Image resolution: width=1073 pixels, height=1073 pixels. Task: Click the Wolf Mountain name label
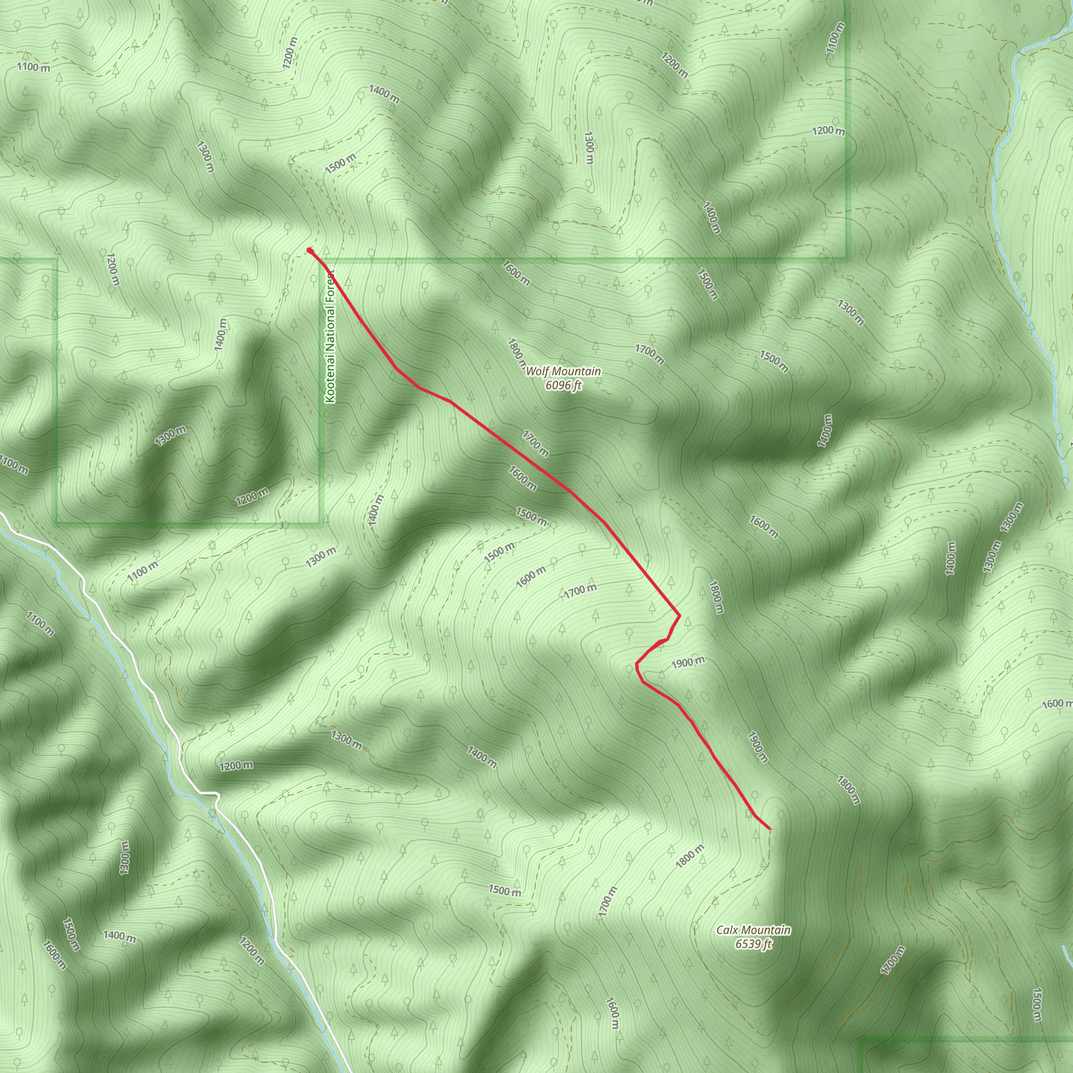click(x=563, y=371)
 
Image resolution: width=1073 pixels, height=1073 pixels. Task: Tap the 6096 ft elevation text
click(x=563, y=385)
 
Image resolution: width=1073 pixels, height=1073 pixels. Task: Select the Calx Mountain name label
click(x=753, y=930)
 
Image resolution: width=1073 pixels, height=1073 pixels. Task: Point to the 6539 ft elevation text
click(x=753, y=944)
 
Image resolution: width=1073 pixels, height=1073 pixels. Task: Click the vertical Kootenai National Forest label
click(x=331, y=336)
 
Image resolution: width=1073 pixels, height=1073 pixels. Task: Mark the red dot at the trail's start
click(x=309, y=250)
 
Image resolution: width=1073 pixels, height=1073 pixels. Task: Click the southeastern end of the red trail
click(x=769, y=829)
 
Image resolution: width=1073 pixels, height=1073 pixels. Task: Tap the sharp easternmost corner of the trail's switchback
click(x=680, y=616)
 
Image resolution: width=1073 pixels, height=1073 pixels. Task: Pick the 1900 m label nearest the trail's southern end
click(x=758, y=747)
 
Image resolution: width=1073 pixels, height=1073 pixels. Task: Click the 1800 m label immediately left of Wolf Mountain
click(x=516, y=354)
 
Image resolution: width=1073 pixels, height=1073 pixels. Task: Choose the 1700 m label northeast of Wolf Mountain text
click(x=649, y=354)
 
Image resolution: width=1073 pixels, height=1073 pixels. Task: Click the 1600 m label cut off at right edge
click(x=1057, y=704)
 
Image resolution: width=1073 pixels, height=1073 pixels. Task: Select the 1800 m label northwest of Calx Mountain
click(x=690, y=857)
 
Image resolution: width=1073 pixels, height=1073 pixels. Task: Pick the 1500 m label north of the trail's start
click(x=341, y=163)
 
